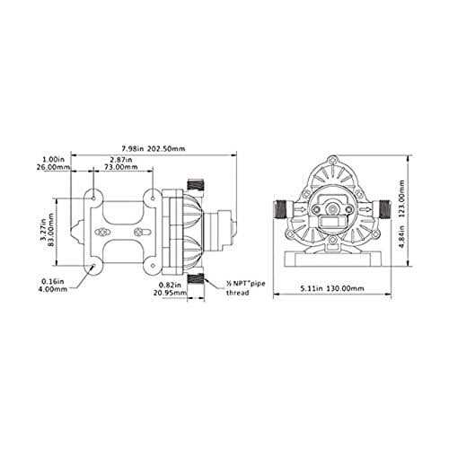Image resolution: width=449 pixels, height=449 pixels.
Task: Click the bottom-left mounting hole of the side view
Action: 94,267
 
